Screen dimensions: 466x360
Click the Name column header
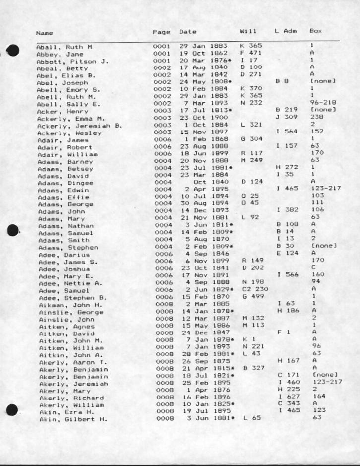click(x=45, y=33)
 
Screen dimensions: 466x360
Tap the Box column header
click(x=315, y=31)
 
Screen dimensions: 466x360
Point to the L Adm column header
click(x=286, y=31)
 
